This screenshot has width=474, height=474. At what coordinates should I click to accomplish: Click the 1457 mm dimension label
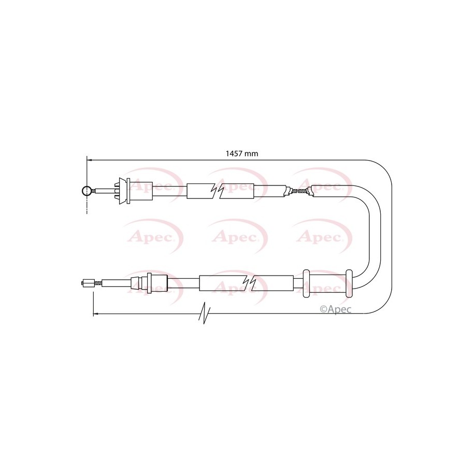[242, 153]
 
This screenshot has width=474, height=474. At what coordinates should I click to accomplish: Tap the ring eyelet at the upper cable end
[87, 191]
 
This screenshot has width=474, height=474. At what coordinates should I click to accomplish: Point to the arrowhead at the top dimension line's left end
[89, 160]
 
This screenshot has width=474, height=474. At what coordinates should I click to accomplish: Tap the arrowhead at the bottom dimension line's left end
[95, 314]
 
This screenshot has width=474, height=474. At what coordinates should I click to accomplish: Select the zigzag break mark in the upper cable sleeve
[218, 191]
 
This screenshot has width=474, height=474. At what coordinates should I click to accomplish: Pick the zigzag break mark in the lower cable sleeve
[250, 283]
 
